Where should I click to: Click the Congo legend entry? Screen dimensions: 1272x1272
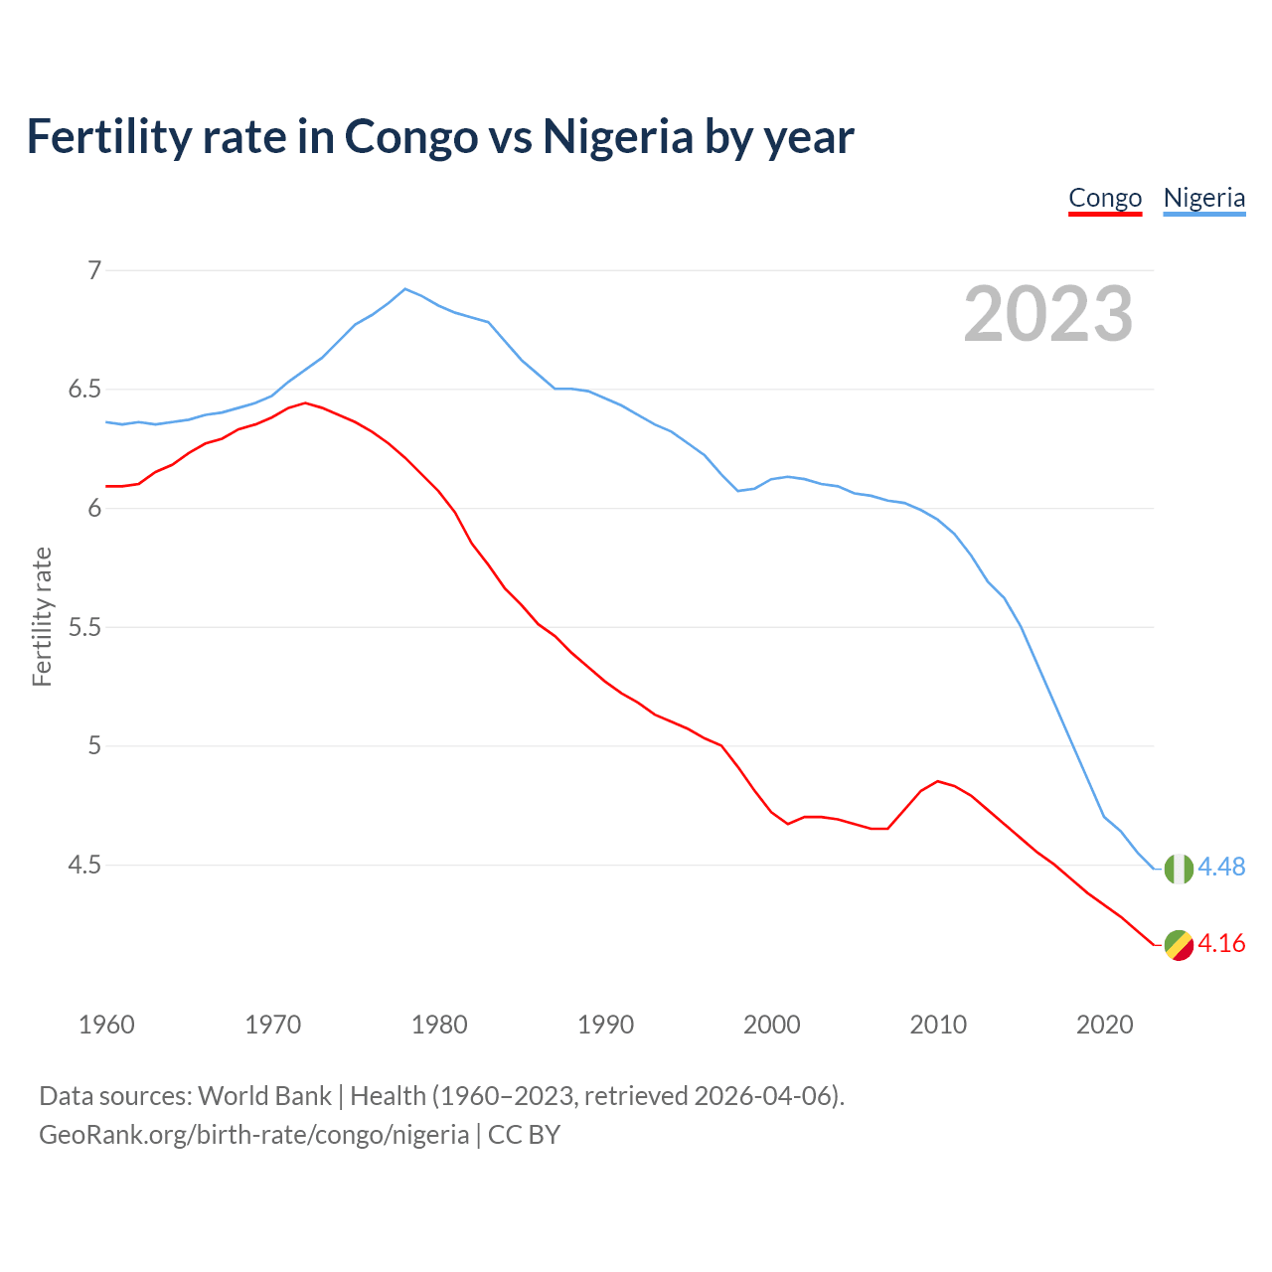(1105, 198)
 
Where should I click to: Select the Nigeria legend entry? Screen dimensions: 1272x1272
(1203, 198)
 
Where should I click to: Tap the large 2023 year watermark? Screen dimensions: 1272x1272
(1048, 314)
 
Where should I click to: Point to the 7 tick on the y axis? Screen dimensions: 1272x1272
(94, 270)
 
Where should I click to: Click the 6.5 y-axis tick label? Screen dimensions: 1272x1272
(84, 390)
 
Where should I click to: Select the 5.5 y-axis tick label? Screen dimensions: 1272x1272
(84, 627)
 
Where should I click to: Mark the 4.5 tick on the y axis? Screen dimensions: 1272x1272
(84, 866)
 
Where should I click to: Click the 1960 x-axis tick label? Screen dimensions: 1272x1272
(106, 1025)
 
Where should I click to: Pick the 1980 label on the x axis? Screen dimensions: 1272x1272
(439, 1025)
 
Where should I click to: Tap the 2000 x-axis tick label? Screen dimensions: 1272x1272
(772, 1025)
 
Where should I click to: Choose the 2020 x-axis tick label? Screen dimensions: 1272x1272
(1105, 1025)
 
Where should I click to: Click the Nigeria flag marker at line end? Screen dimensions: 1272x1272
(1179, 869)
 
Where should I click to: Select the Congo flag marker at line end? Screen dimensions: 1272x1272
(1179, 945)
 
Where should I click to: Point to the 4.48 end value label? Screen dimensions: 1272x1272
(1221, 868)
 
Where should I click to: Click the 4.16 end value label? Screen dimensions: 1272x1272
(1221, 944)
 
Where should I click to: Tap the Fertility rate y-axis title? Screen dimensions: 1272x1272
(42, 616)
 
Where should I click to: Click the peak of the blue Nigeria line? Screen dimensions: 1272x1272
(404, 289)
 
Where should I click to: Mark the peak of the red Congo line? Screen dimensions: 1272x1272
(305, 402)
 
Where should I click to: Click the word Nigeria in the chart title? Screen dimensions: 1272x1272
(617, 136)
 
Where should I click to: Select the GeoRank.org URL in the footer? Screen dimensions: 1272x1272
(253, 1135)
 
